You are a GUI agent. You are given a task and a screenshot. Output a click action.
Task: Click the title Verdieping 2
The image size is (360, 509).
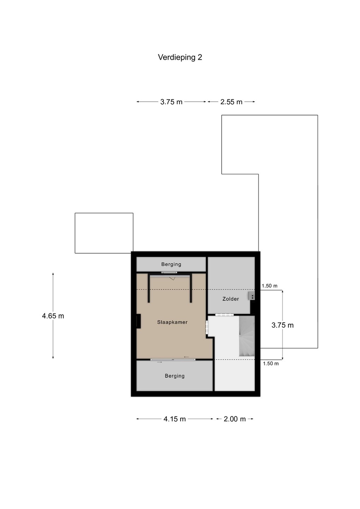tap(180, 58)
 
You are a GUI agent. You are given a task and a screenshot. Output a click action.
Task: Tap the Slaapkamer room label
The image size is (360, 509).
tap(172, 322)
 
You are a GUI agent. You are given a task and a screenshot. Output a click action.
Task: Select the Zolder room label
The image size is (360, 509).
tap(231, 299)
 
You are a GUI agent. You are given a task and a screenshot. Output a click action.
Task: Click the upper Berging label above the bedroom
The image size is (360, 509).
tap(171, 264)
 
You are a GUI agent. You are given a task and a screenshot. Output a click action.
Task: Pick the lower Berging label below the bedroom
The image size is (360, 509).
tap(175, 376)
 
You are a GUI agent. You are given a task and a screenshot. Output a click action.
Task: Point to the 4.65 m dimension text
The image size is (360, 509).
tap(53, 316)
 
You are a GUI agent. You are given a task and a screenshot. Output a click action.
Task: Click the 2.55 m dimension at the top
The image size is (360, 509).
tap(231, 102)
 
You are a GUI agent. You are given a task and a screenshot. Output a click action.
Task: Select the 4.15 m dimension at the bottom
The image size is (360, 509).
tap(175, 419)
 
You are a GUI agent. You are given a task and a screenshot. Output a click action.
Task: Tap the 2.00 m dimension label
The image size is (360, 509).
tap(235, 419)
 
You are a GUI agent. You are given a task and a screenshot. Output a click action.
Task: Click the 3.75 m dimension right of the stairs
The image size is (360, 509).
tap(283, 325)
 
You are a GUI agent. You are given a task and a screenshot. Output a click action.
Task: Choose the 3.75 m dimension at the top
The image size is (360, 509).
tap(171, 102)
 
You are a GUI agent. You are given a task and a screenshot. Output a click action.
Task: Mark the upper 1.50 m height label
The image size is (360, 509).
tap(269, 286)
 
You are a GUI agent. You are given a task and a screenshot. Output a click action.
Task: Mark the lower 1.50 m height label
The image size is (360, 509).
tap(271, 364)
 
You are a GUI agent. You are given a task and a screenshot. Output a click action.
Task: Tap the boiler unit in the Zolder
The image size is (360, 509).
tap(252, 296)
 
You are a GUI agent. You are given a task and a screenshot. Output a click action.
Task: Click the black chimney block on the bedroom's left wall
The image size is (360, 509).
tap(138, 321)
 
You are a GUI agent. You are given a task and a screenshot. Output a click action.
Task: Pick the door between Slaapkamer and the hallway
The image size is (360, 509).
tap(207, 327)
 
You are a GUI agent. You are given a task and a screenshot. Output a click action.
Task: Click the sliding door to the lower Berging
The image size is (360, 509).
tap(173, 359)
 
